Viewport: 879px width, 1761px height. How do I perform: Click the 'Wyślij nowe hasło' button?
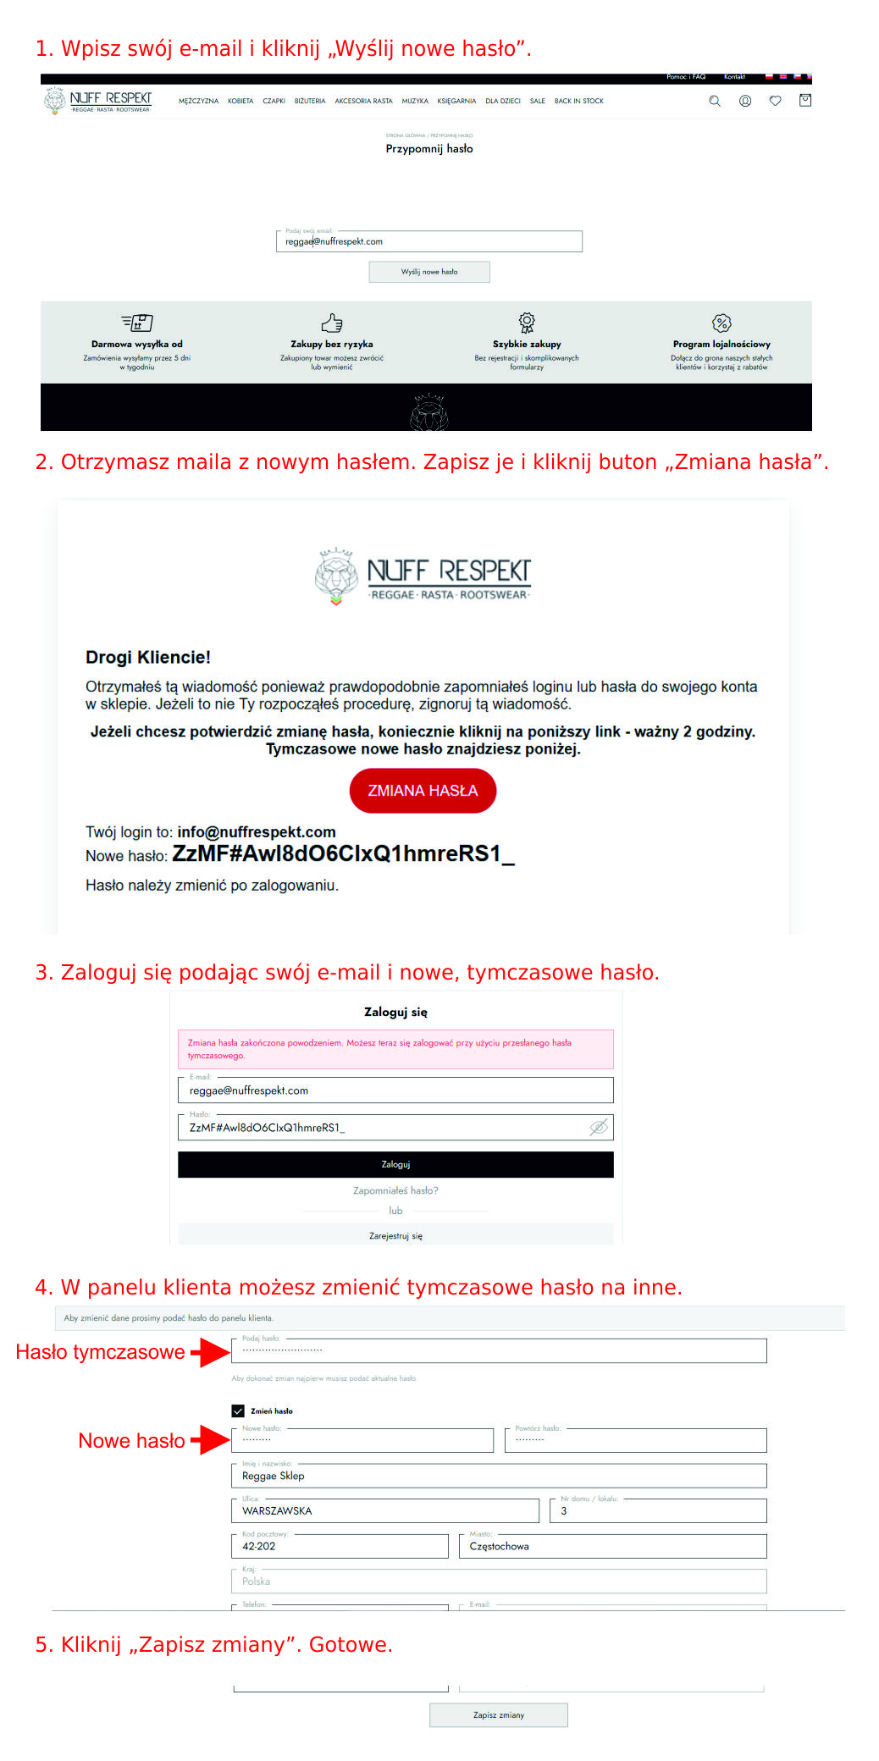point(429,272)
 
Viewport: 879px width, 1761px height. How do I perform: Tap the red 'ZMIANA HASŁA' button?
point(423,791)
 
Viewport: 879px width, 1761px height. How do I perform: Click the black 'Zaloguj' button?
point(395,1164)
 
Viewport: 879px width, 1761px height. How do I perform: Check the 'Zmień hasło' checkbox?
point(238,1410)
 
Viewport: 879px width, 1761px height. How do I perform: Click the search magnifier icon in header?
point(715,101)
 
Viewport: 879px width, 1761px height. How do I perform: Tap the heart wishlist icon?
point(775,101)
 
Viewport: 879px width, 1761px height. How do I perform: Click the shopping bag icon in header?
point(805,100)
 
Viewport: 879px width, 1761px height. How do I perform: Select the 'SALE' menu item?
point(537,101)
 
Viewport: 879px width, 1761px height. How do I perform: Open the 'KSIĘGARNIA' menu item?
point(456,101)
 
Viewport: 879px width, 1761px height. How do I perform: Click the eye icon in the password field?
point(598,1127)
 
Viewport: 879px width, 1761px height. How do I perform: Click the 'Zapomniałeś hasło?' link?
point(395,1190)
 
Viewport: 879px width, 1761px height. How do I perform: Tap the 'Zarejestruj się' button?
point(395,1236)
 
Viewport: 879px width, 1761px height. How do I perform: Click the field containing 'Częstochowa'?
point(613,1546)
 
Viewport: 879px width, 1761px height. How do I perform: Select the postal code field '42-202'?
point(340,1546)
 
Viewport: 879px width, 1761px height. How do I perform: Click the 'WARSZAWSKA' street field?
point(385,1510)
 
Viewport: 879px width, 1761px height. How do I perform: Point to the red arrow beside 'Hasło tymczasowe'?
point(210,1352)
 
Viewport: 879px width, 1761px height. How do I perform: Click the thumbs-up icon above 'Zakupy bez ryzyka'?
point(332,323)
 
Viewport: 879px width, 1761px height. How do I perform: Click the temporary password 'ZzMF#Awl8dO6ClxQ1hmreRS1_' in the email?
point(343,853)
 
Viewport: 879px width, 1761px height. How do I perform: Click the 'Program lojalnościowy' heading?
point(721,344)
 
